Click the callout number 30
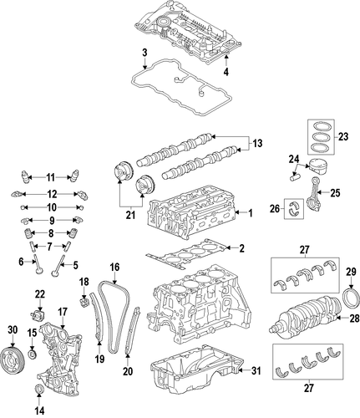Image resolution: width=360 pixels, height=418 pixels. pyautogui.click(x=13, y=330)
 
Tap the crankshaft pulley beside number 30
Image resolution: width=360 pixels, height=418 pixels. pyautogui.click(x=13, y=359)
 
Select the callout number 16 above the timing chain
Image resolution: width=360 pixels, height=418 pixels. pyautogui.click(x=114, y=268)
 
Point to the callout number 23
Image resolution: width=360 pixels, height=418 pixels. pyautogui.click(x=343, y=137)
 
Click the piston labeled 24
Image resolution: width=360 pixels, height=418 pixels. pyautogui.click(x=318, y=167)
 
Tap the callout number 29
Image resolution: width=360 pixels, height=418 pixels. pyautogui.click(x=351, y=272)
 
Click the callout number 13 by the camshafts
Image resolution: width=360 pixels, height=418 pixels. pyautogui.click(x=258, y=144)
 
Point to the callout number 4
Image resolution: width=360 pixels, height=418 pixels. pyautogui.click(x=226, y=72)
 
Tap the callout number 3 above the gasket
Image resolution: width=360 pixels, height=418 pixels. pyautogui.click(x=145, y=53)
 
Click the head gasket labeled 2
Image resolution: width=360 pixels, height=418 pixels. pyautogui.click(x=186, y=254)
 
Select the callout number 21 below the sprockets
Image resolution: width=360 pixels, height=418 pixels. pyautogui.click(x=130, y=215)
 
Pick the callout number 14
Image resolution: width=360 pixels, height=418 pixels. pyautogui.click(x=39, y=410)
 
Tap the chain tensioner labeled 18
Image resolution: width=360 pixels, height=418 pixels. pyautogui.click(x=84, y=302)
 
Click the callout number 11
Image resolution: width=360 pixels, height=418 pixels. pyautogui.click(x=50, y=177)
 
